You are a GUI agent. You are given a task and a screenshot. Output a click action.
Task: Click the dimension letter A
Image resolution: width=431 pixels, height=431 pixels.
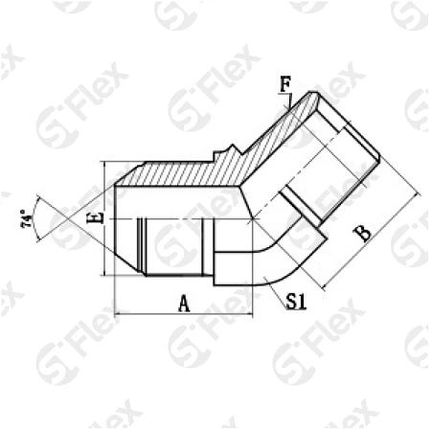184,304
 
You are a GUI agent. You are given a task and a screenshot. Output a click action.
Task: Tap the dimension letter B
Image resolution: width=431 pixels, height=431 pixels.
364,234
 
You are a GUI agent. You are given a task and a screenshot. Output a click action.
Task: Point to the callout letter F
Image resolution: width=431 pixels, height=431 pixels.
285,84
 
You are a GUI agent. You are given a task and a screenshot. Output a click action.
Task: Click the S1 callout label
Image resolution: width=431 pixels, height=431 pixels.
296,302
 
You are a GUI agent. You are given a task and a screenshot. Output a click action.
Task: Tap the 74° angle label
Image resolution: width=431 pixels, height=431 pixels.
27,219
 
